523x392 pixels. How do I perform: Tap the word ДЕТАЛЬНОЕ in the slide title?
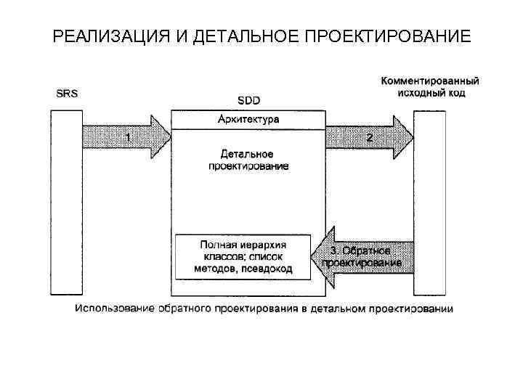[240, 36]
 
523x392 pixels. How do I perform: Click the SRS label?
[65, 94]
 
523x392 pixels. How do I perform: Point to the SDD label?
[248, 100]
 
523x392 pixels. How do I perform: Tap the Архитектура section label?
[248, 118]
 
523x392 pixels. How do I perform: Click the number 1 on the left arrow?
[129, 136]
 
